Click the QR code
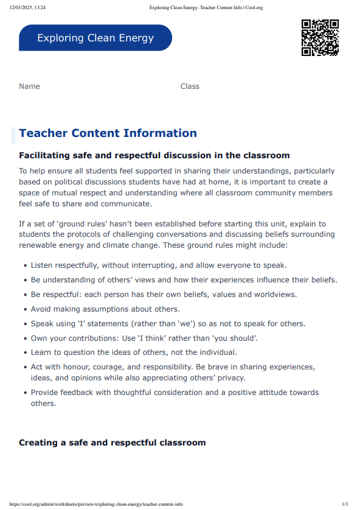(320, 38)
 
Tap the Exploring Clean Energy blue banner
(95, 38)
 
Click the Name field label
(29, 86)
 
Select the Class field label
(190, 86)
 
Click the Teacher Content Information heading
(108, 133)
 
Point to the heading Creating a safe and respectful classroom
(112, 442)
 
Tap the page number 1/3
(345, 504)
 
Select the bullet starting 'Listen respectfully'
(159, 265)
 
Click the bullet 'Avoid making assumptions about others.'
(105, 309)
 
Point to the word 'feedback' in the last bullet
(82, 393)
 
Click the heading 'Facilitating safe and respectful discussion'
(154, 156)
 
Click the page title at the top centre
(206, 7)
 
